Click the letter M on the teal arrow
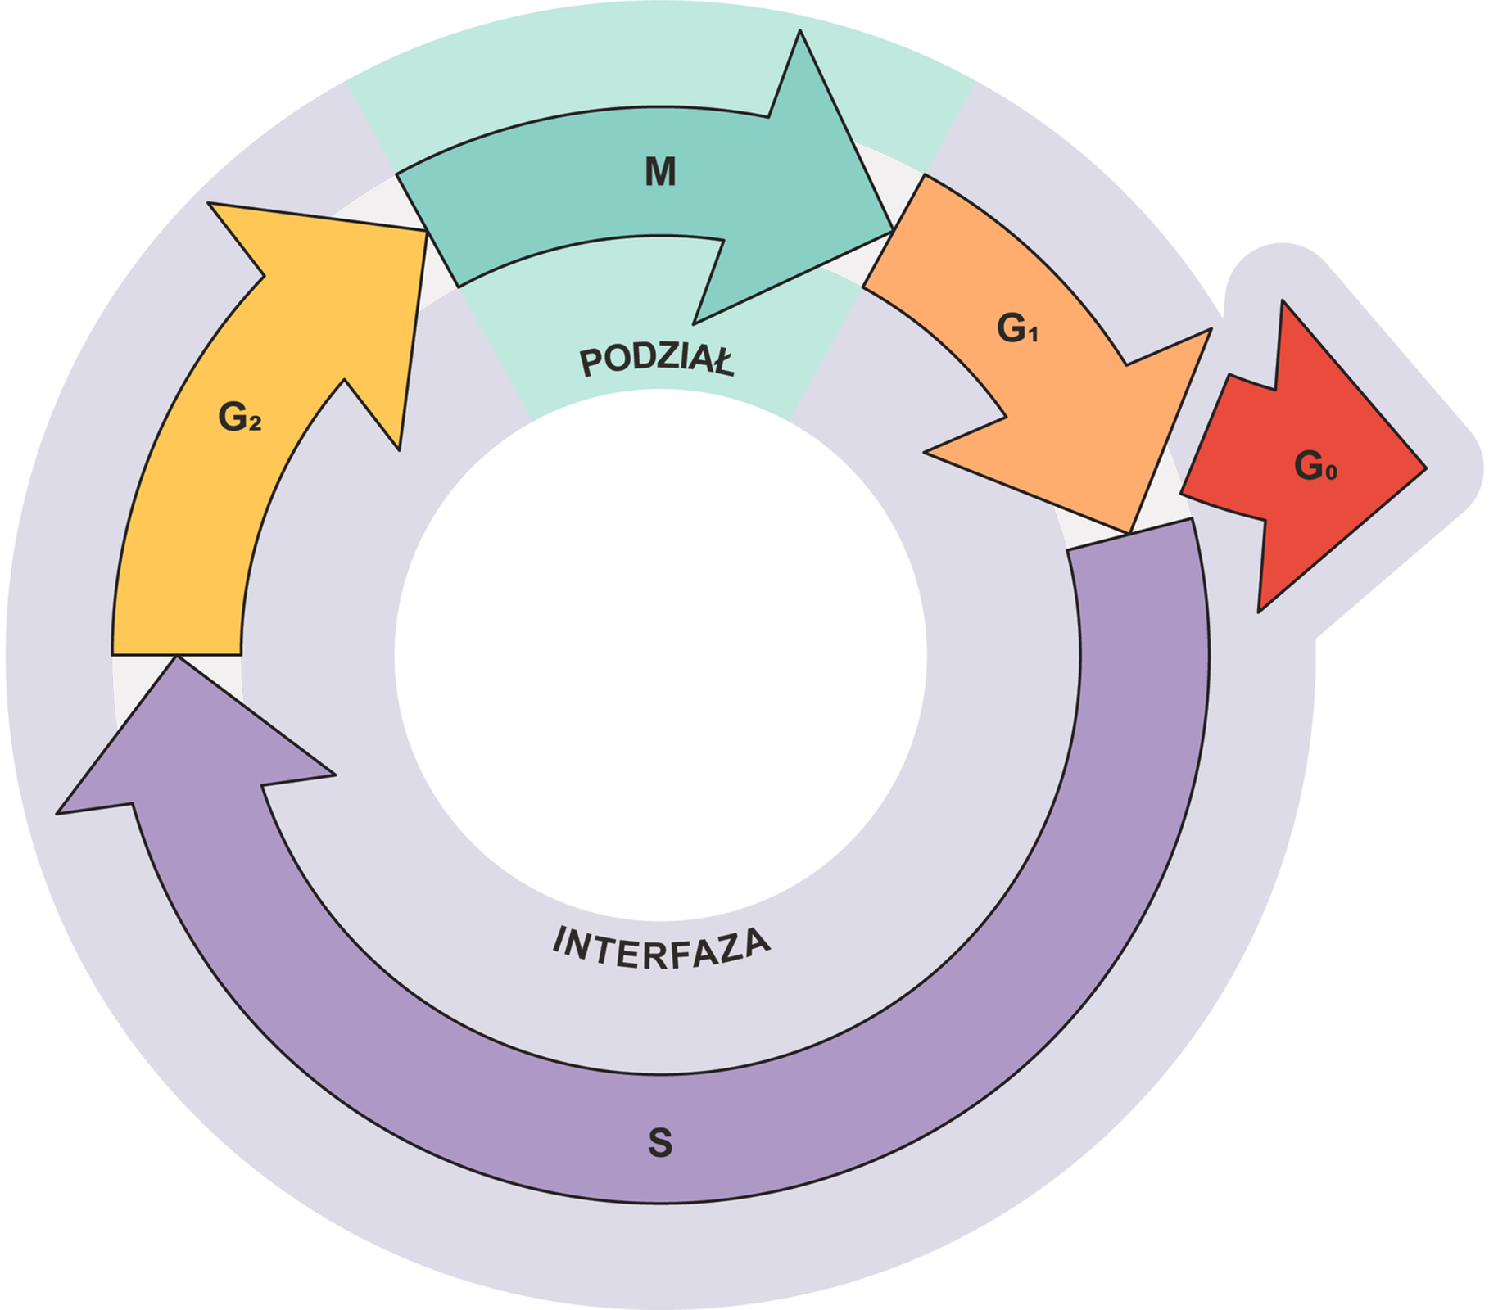pos(660,172)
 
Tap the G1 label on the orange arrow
pos(1016,328)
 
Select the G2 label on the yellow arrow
pos(239,418)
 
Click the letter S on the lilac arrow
pos(660,1143)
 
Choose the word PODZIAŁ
pos(657,360)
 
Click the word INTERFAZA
pos(662,948)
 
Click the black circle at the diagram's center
pos(660,655)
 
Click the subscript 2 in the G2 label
pos(256,424)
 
